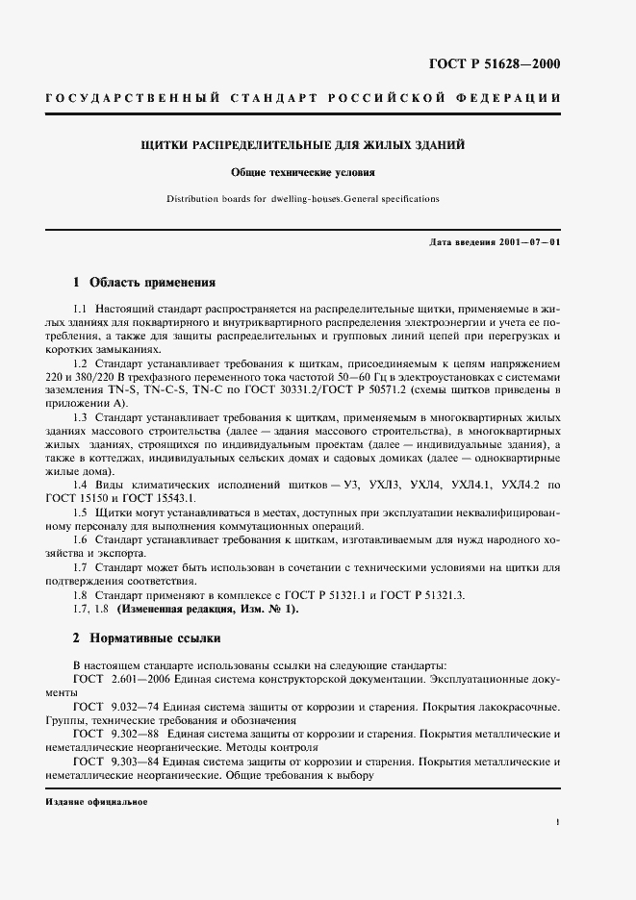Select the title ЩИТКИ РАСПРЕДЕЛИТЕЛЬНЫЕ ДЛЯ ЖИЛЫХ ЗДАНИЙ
coord(303,145)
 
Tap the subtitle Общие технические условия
coord(302,173)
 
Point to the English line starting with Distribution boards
coord(302,199)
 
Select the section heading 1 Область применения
coord(144,283)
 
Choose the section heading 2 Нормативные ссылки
coord(147,637)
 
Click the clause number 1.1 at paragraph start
coord(80,307)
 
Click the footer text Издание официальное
coord(96,801)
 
